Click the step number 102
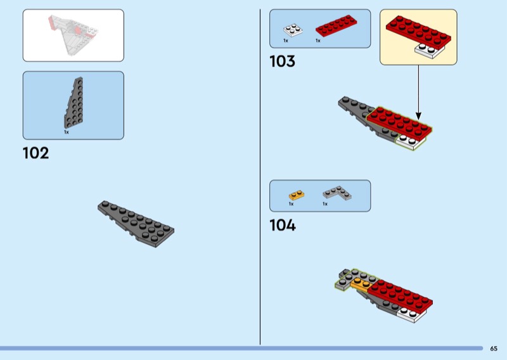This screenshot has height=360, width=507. click(x=36, y=153)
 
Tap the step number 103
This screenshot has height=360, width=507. click(x=282, y=61)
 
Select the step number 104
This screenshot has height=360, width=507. click(x=283, y=225)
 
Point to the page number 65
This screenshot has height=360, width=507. click(x=494, y=349)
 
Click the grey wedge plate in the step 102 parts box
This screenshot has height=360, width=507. click(x=74, y=103)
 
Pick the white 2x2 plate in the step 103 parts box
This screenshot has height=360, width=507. click(x=293, y=30)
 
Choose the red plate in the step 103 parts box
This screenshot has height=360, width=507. click(x=337, y=25)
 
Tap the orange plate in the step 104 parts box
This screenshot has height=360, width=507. click(x=297, y=195)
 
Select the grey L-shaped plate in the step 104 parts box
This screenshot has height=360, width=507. click(x=338, y=193)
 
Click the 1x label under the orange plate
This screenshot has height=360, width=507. click(x=291, y=204)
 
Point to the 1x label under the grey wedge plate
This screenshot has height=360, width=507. click(x=67, y=132)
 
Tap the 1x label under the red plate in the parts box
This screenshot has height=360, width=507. click(x=318, y=41)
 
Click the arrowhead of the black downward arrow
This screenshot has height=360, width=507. click(x=418, y=116)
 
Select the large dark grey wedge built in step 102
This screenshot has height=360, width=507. click(x=136, y=224)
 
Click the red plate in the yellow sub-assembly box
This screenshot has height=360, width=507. click(x=418, y=33)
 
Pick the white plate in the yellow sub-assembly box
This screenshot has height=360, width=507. click(x=430, y=51)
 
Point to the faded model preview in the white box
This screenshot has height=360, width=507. click(x=74, y=35)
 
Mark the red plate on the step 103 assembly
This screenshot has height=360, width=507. click(x=400, y=124)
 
